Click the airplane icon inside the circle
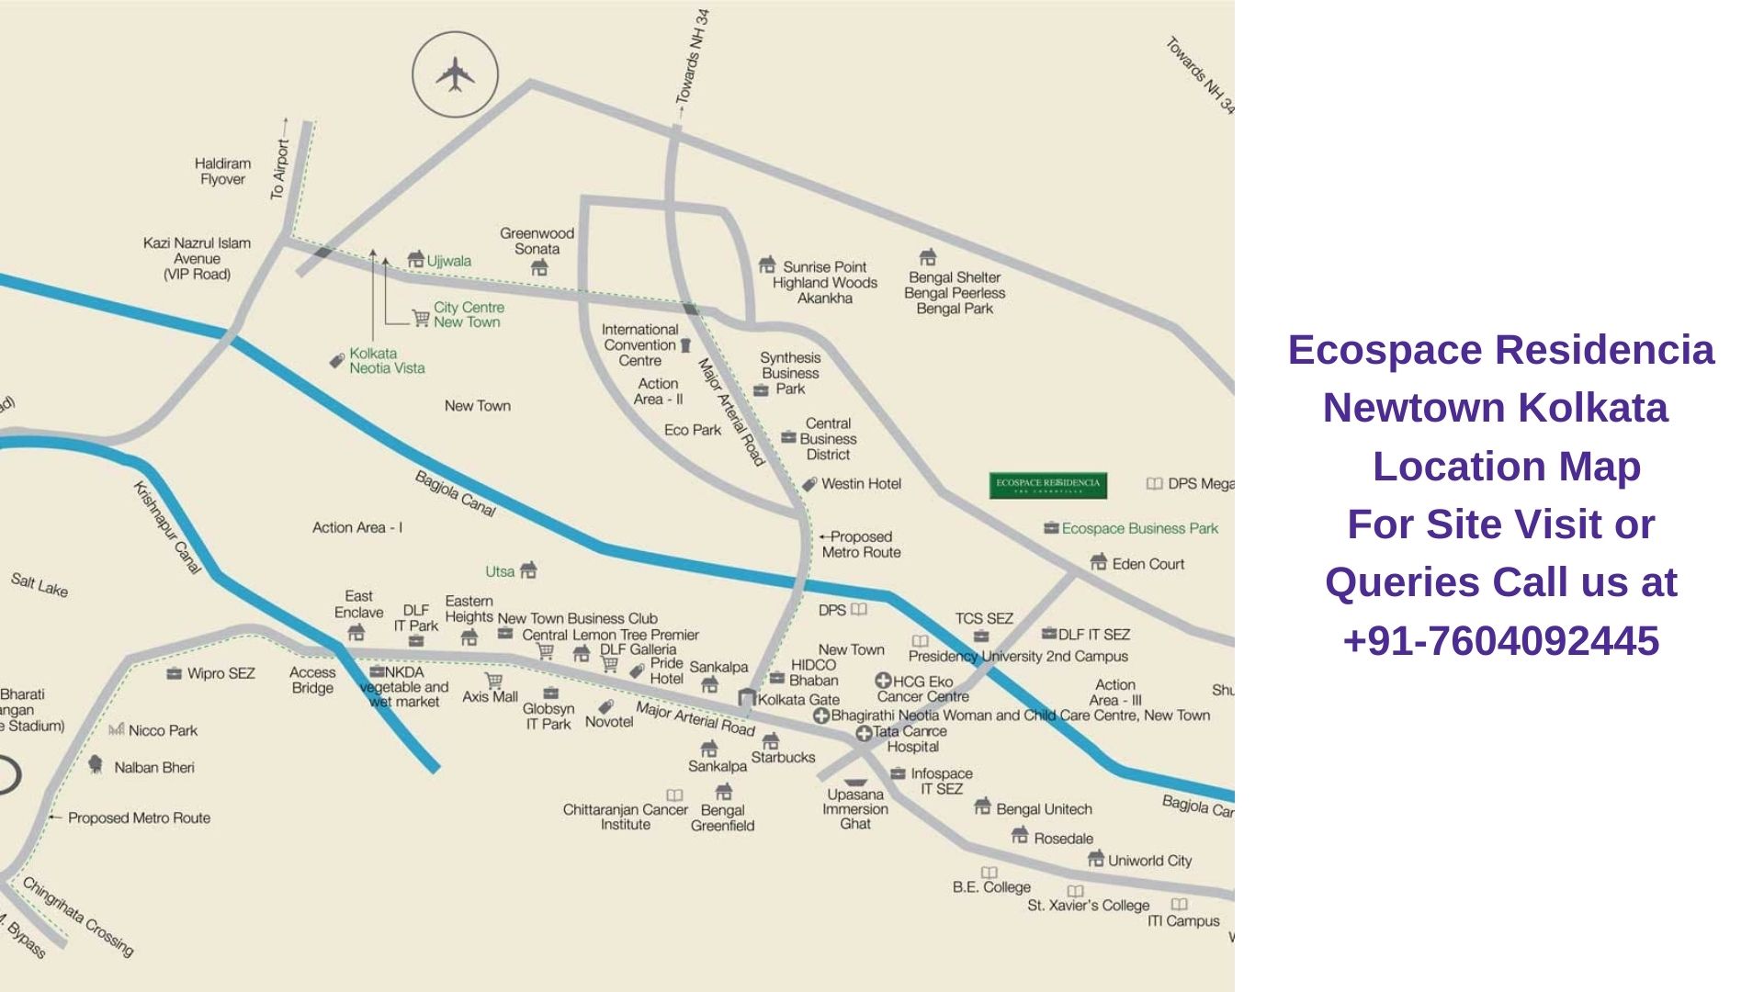tap(455, 74)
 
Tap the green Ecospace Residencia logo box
tap(1047, 485)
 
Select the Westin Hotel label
tap(861, 484)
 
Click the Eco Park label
tap(693, 430)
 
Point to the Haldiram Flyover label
tap(222, 171)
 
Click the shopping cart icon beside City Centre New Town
tap(421, 318)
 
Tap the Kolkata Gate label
tap(797, 700)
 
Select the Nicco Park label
tap(163, 731)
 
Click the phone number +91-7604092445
tap(1500, 641)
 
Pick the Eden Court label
tap(1148, 564)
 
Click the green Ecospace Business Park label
tap(1139, 528)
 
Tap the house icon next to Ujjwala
tap(416, 260)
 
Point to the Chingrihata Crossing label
tap(78, 917)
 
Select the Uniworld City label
tap(1149, 861)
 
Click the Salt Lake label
tap(40, 584)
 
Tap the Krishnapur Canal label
tap(167, 527)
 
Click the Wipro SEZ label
tap(220, 673)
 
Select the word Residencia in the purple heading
tap(1604, 350)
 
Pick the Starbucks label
tap(783, 758)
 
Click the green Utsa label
tap(500, 571)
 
